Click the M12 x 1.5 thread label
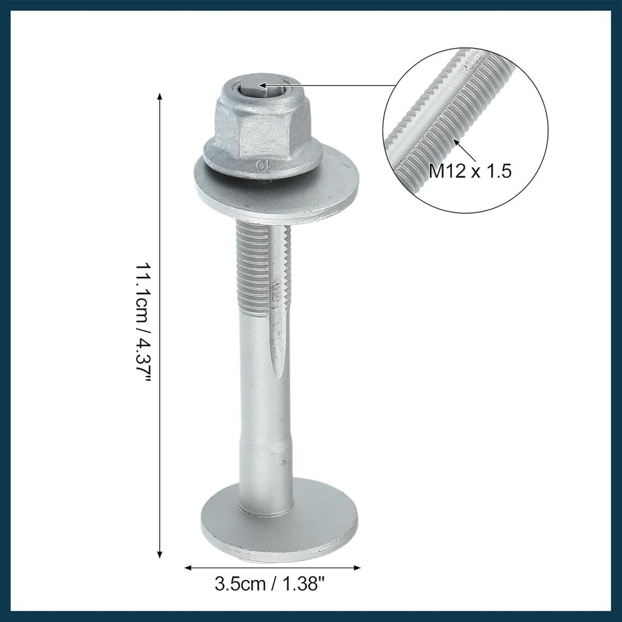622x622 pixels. tap(470, 171)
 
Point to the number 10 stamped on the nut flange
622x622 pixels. tap(263, 165)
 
